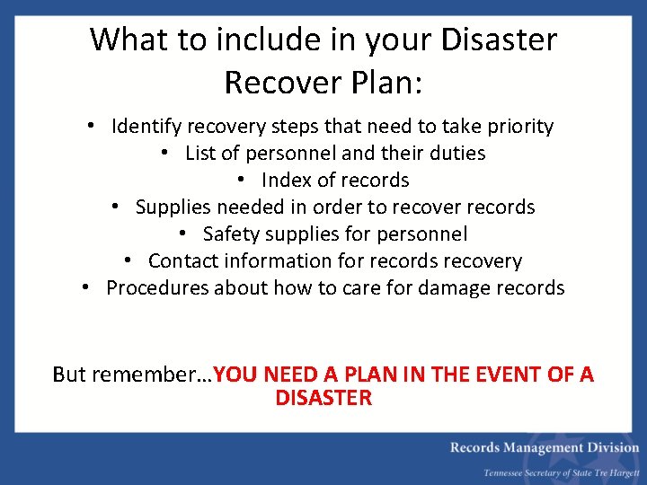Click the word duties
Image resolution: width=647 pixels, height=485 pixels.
point(456,154)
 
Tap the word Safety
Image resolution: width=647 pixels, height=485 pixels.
point(231,234)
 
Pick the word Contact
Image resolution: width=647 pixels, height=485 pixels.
point(183,261)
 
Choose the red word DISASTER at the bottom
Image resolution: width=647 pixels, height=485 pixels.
point(323,398)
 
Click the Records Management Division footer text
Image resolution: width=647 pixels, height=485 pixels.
point(545,448)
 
